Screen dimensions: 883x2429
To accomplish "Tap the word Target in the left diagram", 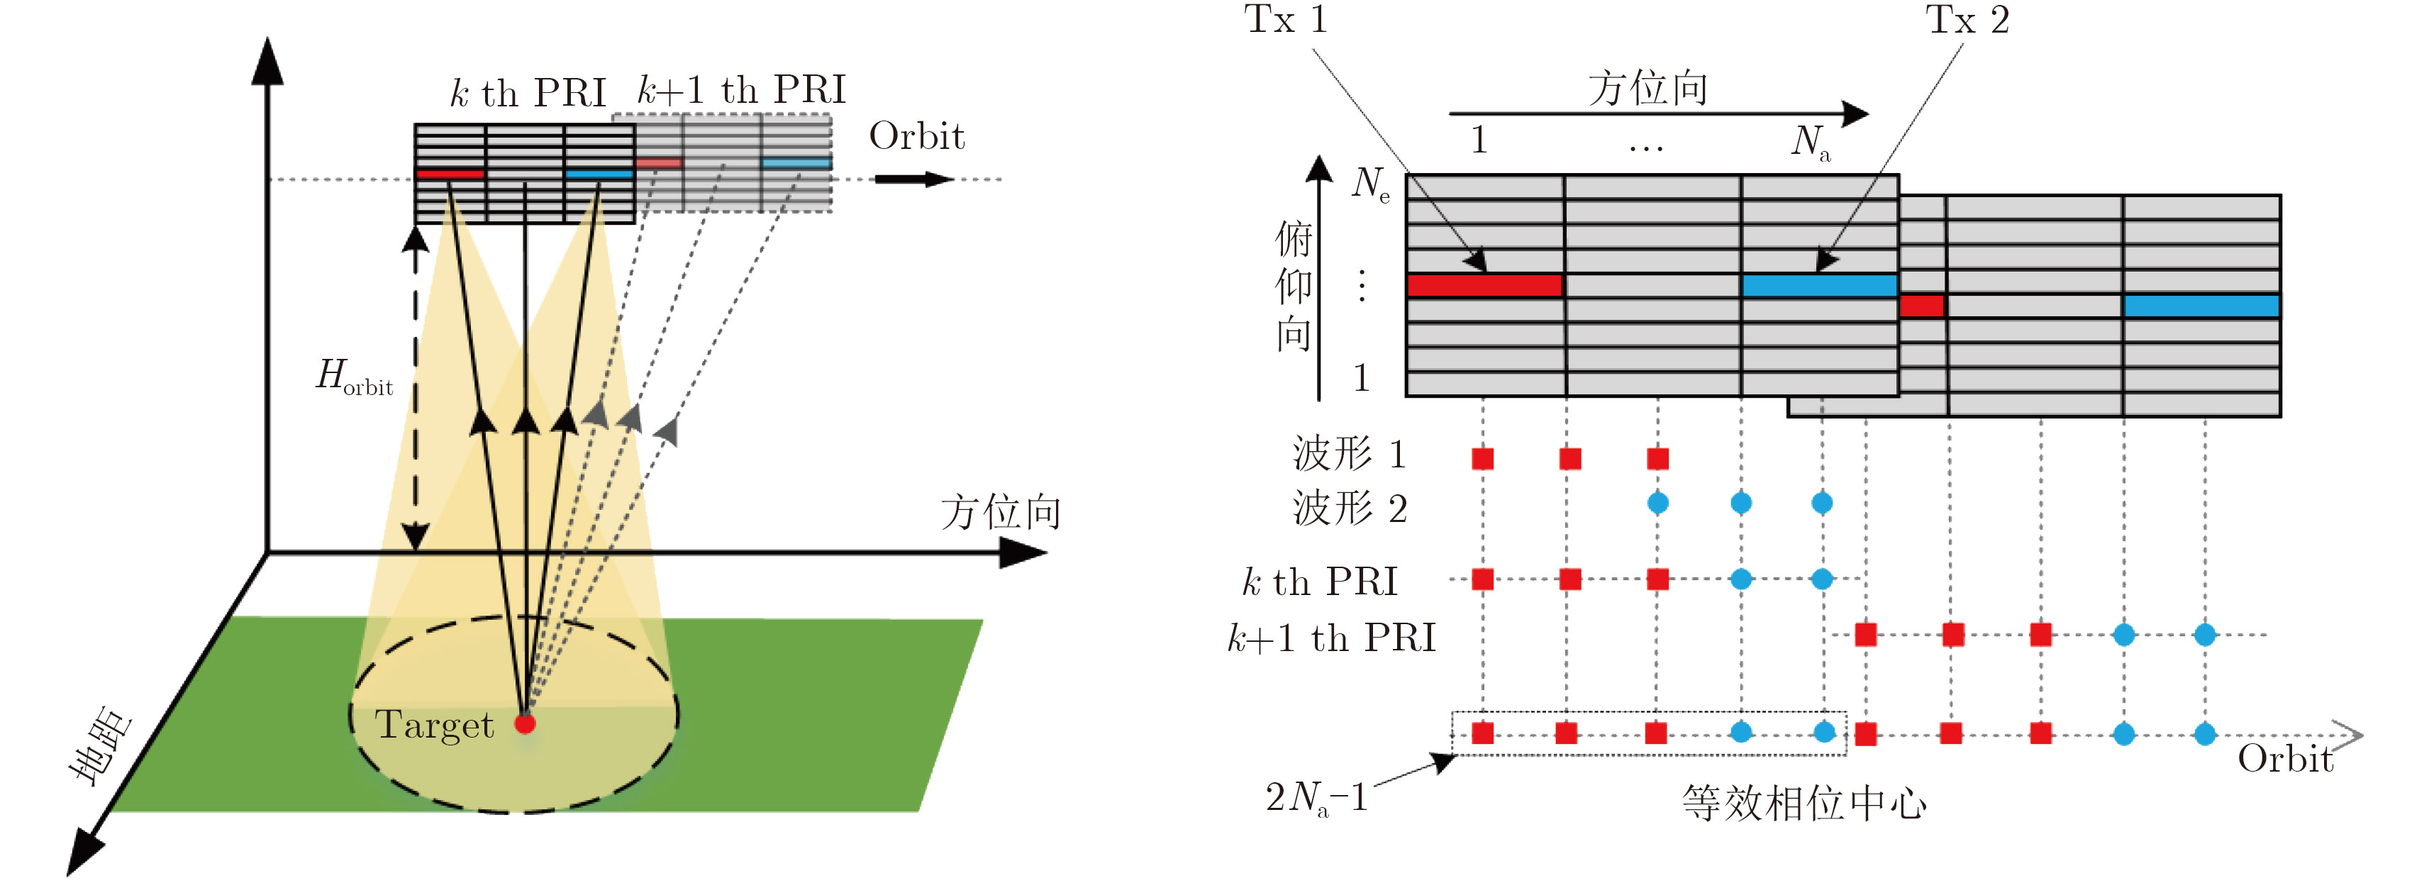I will pyautogui.click(x=435, y=725).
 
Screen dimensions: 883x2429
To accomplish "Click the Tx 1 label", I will pyautogui.click(x=1285, y=20).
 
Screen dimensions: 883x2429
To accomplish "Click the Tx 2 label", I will pyautogui.click(x=1967, y=20).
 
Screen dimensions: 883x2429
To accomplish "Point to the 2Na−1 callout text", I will pyautogui.click(x=1316, y=798).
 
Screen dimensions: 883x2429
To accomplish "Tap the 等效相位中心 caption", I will pyautogui.click(x=1803, y=804).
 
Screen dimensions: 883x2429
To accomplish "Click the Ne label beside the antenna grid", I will pyautogui.click(x=1370, y=183).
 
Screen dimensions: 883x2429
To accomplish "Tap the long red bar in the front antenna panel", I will pyautogui.click(x=1484, y=285).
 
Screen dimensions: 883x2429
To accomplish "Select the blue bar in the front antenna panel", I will pyautogui.click(x=1819, y=285).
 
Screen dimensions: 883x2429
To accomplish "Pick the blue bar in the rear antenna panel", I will pyautogui.click(x=2201, y=305).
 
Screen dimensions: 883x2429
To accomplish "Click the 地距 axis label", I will pyautogui.click(x=101, y=745).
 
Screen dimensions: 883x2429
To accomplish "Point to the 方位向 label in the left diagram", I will pyautogui.click(x=1001, y=512).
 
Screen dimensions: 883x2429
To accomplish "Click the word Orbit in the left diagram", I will pyautogui.click(x=916, y=137).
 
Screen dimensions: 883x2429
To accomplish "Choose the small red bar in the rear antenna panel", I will pyautogui.click(x=1922, y=306).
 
